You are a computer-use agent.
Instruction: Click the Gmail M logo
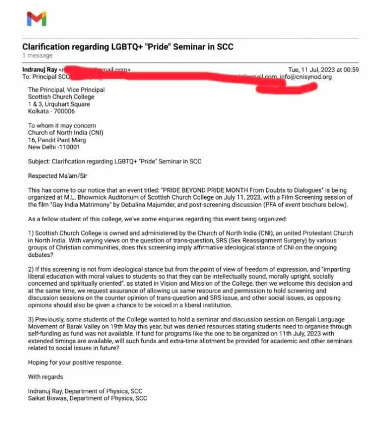(x=36, y=20)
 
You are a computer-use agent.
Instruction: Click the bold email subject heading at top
(x=128, y=46)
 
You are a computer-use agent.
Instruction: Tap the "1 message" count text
(x=37, y=55)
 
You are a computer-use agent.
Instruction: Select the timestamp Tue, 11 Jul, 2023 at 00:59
(x=323, y=69)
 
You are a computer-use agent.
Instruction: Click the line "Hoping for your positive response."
(x=75, y=362)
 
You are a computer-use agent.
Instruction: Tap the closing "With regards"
(x=46, y=376)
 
